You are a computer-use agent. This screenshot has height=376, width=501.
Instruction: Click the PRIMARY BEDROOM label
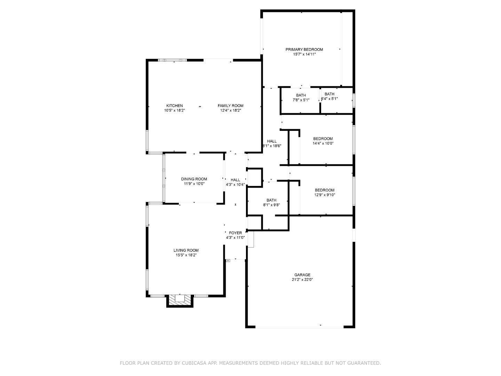coord(304,49)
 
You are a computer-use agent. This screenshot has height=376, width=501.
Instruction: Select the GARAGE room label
coord(302,275)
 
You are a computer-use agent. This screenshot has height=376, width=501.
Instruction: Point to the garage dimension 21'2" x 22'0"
coord(302,280)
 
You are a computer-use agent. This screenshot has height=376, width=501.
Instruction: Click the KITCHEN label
coord(174,106)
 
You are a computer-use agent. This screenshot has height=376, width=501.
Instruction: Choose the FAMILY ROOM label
coord(230,106)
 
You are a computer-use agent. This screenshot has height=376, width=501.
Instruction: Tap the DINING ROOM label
coord(194,179)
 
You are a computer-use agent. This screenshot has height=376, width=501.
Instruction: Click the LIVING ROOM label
coord(186,250)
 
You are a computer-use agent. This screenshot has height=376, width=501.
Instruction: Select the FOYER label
coord(235,233)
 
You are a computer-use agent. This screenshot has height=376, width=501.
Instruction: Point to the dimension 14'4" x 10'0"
coord(323,143)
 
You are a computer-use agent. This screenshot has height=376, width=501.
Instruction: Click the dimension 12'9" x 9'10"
coord(324,195)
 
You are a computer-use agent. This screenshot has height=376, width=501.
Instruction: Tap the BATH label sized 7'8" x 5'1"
coord(301,95)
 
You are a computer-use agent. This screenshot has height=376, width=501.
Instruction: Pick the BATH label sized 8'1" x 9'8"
coord(271,200)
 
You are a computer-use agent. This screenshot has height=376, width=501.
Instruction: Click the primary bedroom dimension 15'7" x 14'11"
coord(304,54)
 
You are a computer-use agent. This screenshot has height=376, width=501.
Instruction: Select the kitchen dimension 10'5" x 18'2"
coord(174,110)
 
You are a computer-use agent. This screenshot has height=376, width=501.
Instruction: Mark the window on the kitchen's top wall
coord(172,60)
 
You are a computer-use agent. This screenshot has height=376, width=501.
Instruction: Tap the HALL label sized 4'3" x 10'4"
coord(235,180)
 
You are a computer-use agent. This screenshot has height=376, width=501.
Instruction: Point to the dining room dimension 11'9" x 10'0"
coord(194,184)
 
